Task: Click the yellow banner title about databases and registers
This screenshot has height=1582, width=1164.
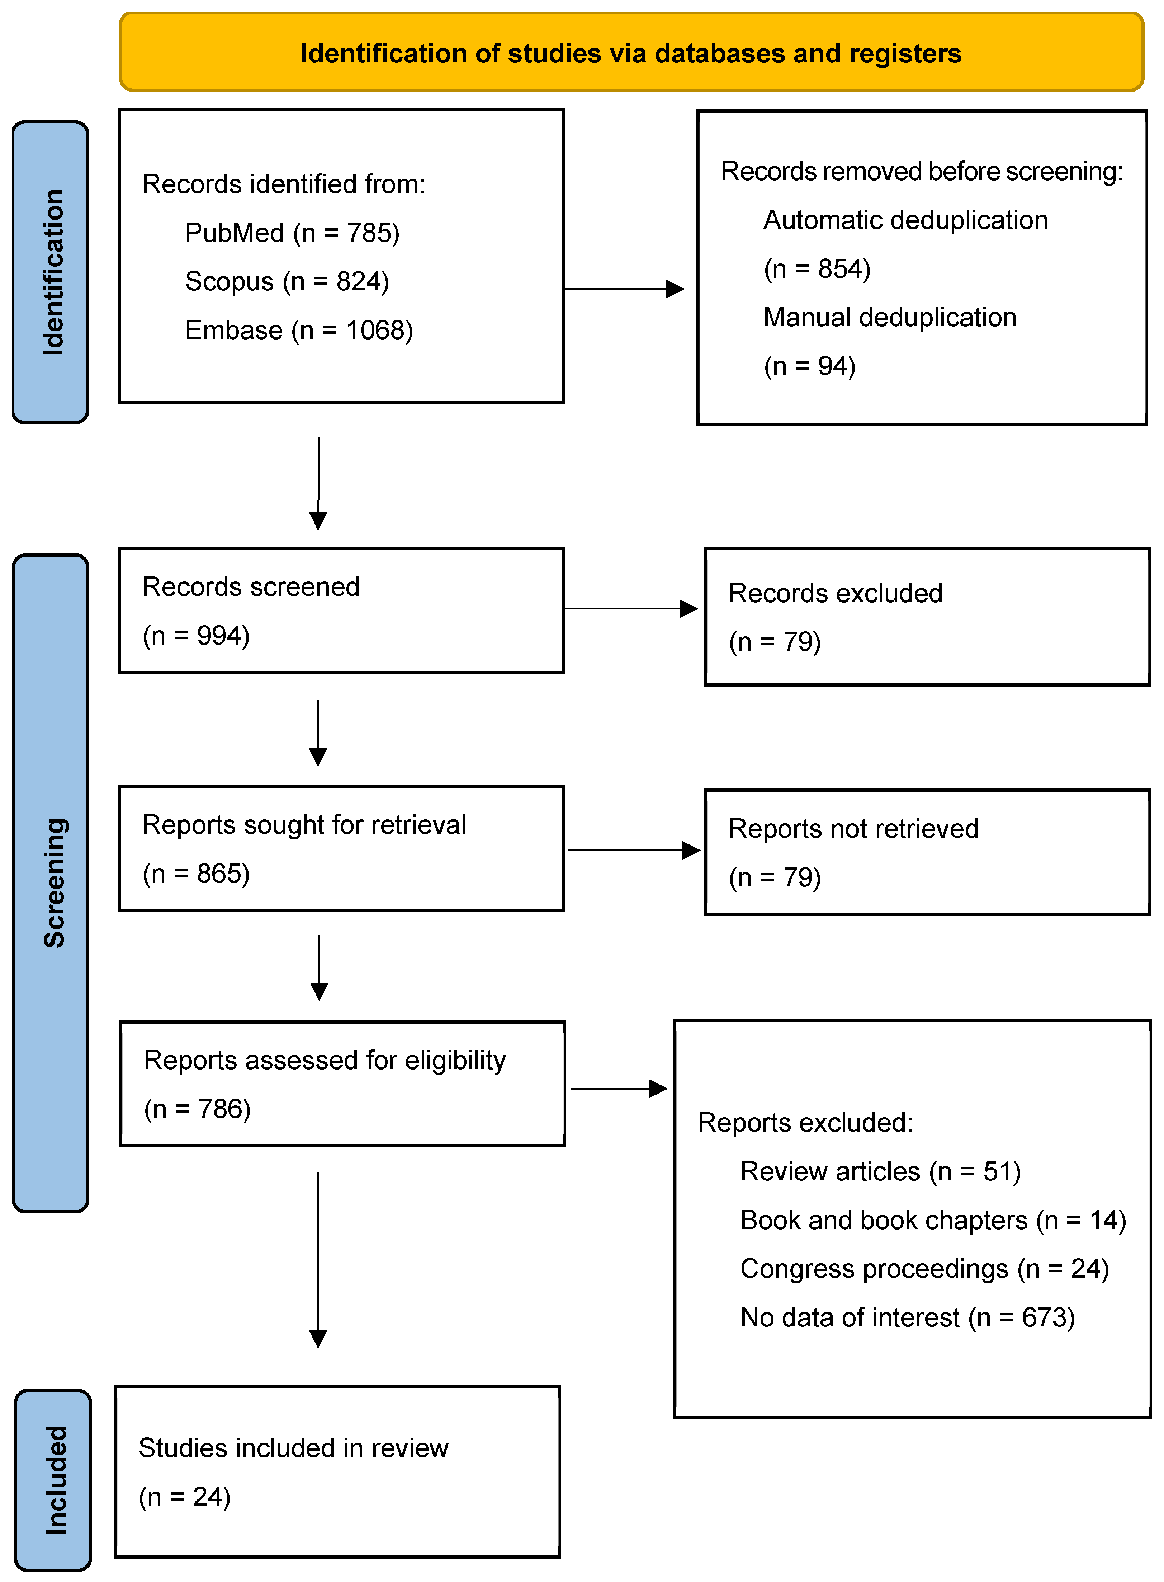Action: pyautogui.click(x=631, y=53)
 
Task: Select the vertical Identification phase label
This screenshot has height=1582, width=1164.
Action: pyautogui.click(x=53, y=272)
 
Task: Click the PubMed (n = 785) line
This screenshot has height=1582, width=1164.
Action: pyautogui.click(x=292, y=233)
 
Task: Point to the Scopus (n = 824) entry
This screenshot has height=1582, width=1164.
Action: pyautogui.click(x=287, y=281)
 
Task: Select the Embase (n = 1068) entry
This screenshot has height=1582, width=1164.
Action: pyautogui.click(x=299, y=330)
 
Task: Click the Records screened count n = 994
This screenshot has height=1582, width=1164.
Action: pyautogui.click(x=196, y=635)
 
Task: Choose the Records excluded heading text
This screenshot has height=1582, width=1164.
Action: pyautogui.click(x=835, y=593)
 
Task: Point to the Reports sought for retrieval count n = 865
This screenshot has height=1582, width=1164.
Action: pyautogui.click(x=196, y=874)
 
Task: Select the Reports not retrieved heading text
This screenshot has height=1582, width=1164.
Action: pyautogui.click(x=853, y=828)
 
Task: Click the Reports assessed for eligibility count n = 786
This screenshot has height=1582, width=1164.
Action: pyautogui.click(x=197, y=1109)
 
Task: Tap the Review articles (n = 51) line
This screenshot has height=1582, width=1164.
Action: pyautogui.click(x=880, y=1171)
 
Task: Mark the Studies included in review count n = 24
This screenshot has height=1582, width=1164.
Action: pyautogui.click(x=185, y=1497)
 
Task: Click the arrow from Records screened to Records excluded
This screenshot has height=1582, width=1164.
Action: pyautogui.click(x=631, y=608)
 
